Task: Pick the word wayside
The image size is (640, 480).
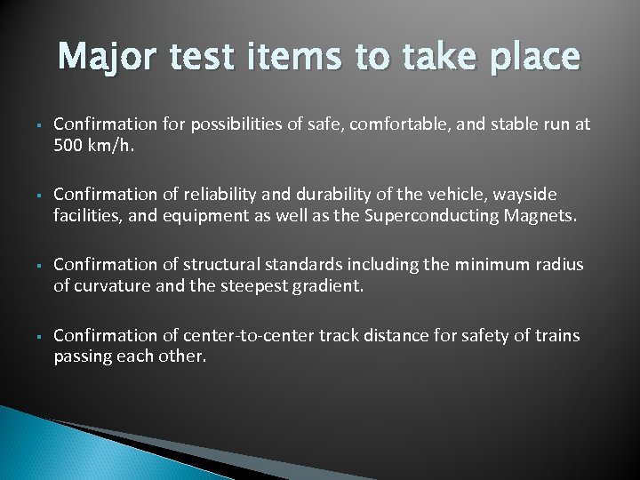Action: coord(525,195)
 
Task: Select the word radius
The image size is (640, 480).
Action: coord(561,265)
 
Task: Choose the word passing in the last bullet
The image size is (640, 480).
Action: coord(82,356)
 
